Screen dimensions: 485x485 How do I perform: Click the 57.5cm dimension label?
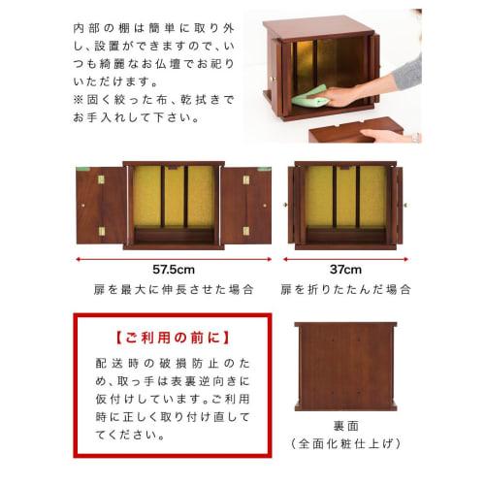pyautogui.click(x=176, y=270)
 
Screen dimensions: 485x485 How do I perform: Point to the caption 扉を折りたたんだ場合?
pyautogui.click(x=346, y=289)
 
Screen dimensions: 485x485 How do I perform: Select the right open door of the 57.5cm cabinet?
pyautogui.click(x=247, y=203)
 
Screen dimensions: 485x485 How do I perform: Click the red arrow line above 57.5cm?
pyautogui.click(x=175, y=257)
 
